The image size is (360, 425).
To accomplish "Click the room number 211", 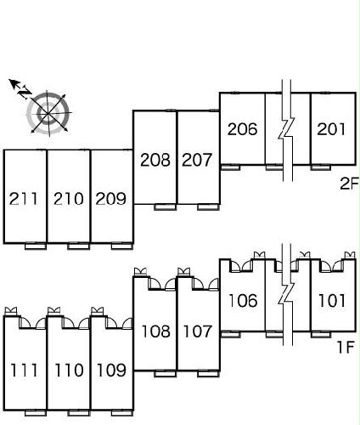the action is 24,199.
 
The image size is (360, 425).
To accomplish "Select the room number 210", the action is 69,199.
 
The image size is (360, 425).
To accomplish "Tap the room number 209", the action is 110,199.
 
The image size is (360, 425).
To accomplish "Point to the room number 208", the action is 155,160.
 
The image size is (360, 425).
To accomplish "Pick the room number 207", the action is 197,160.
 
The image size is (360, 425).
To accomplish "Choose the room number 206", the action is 243,129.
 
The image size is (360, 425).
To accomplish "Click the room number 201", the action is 331,129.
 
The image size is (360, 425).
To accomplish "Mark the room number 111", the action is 24,370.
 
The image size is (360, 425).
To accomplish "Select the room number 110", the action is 69,370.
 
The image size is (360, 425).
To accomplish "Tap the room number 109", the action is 111,370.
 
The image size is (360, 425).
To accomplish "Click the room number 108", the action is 156,331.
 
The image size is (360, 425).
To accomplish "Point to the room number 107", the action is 198,331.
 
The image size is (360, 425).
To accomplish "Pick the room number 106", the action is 243,300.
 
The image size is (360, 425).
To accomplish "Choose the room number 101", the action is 332,300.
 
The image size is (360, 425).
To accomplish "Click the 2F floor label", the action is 349,184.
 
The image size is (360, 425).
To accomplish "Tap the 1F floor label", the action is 346,347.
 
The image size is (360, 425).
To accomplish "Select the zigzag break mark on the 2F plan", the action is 287,130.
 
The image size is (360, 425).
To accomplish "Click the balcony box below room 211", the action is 36,246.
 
